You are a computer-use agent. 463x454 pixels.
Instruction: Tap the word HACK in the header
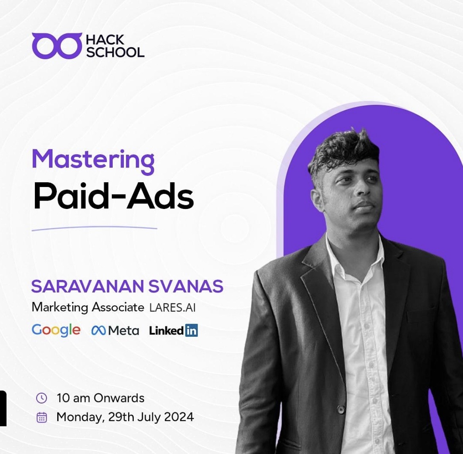(105, 40)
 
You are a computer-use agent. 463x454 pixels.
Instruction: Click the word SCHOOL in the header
(115, 52)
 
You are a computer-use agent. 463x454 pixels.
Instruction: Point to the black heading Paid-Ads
(113, 197)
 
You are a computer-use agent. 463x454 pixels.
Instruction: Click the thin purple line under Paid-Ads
(94, 228)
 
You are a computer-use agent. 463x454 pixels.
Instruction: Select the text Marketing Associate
(87, 307)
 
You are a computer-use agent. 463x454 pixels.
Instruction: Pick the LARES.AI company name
(173, 307)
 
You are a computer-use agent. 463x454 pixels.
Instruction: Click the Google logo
(56, 330)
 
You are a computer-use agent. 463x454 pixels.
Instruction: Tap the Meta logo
(115, 330)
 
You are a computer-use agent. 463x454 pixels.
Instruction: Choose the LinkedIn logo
(173, 330)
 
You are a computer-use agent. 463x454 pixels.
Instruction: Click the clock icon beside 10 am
(41, 398)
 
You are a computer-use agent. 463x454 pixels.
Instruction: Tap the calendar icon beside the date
(41, 417)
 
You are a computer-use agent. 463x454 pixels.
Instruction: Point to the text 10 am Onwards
(100, 398)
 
